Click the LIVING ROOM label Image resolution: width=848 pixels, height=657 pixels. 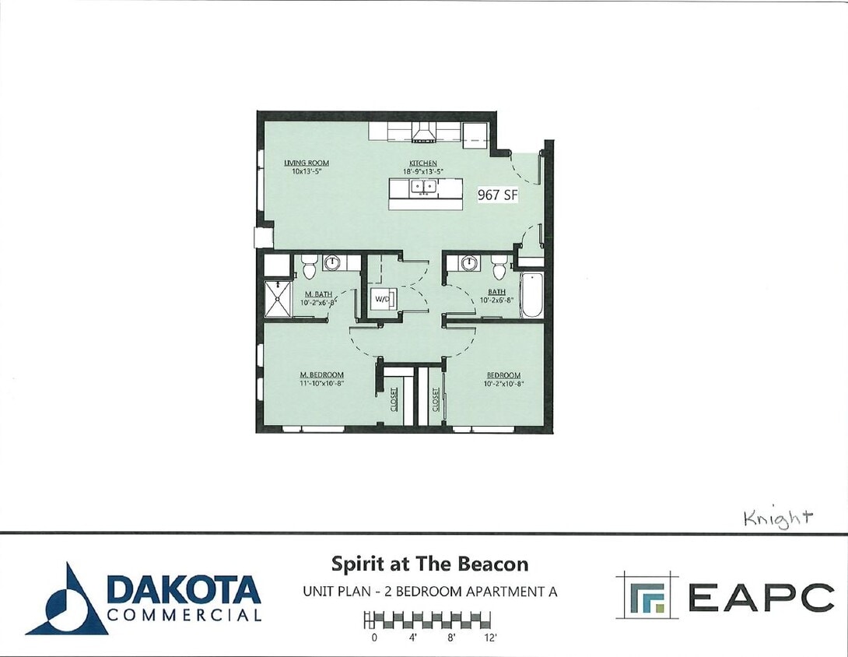coord(307,163)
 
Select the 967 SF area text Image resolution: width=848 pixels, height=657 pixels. coord(497,195)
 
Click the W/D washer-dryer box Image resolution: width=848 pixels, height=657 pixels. coord(383,298)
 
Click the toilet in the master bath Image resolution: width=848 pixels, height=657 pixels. coord(309,266)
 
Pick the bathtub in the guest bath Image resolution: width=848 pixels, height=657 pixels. coord(532,295)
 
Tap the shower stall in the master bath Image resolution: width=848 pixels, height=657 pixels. coord(277,298)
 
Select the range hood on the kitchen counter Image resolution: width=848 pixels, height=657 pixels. coord(424,134)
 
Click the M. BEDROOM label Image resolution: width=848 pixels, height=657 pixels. coord(321,375)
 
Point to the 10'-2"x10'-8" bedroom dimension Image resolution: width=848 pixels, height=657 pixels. coord(503,384)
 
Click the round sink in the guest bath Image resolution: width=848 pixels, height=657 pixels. coord(468,263)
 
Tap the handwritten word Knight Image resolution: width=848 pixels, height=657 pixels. coord(778,517)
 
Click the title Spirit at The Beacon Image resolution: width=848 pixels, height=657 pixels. coord(429,564)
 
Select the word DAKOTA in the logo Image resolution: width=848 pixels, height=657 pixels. coord(184,589)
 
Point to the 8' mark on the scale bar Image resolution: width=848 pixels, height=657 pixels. coord(450,638)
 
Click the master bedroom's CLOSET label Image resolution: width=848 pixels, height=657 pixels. coord(394,400)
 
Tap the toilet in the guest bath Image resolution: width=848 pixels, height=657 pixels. coord(499,267)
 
